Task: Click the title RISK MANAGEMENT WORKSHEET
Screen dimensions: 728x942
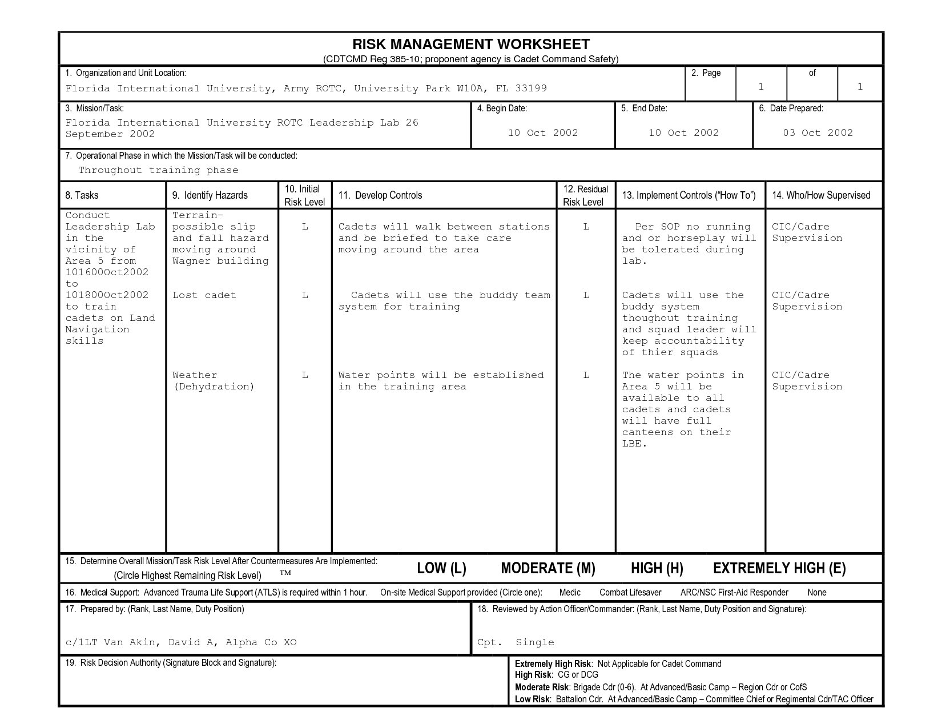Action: [x=471, y=45]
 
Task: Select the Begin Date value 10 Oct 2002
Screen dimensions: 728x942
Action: [x=543, y=133]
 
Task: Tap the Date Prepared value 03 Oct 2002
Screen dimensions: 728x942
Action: [x=818, y=133]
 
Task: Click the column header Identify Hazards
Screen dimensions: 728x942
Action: [x=210, y=195]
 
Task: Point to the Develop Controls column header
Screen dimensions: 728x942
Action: [x=380, y=195]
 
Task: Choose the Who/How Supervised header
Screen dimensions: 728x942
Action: [x=821, y=195]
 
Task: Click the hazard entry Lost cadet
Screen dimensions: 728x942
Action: [x=204, y=295]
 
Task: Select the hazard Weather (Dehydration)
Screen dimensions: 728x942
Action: [x=213, y=381]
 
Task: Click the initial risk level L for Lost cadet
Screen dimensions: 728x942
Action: [x=305, y=295]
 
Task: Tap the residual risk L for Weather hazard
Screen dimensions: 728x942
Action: [x=586, y=375]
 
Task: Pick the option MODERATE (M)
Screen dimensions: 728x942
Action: [x=548, y=568]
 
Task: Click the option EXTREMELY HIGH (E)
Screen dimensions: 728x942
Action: [x=779, y=568]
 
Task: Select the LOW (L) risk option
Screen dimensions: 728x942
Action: [x=441, y=568]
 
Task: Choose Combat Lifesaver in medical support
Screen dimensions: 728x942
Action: [x=630, y=593]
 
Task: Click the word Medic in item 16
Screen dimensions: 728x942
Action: [x=570, y=593]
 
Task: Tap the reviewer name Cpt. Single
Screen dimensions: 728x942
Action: [x=516, y=642]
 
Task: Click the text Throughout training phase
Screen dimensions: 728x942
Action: [x=158, y=170]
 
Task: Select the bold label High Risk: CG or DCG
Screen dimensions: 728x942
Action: [x=557, y=675]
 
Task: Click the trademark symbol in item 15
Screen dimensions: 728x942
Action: [x=285, y=573]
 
